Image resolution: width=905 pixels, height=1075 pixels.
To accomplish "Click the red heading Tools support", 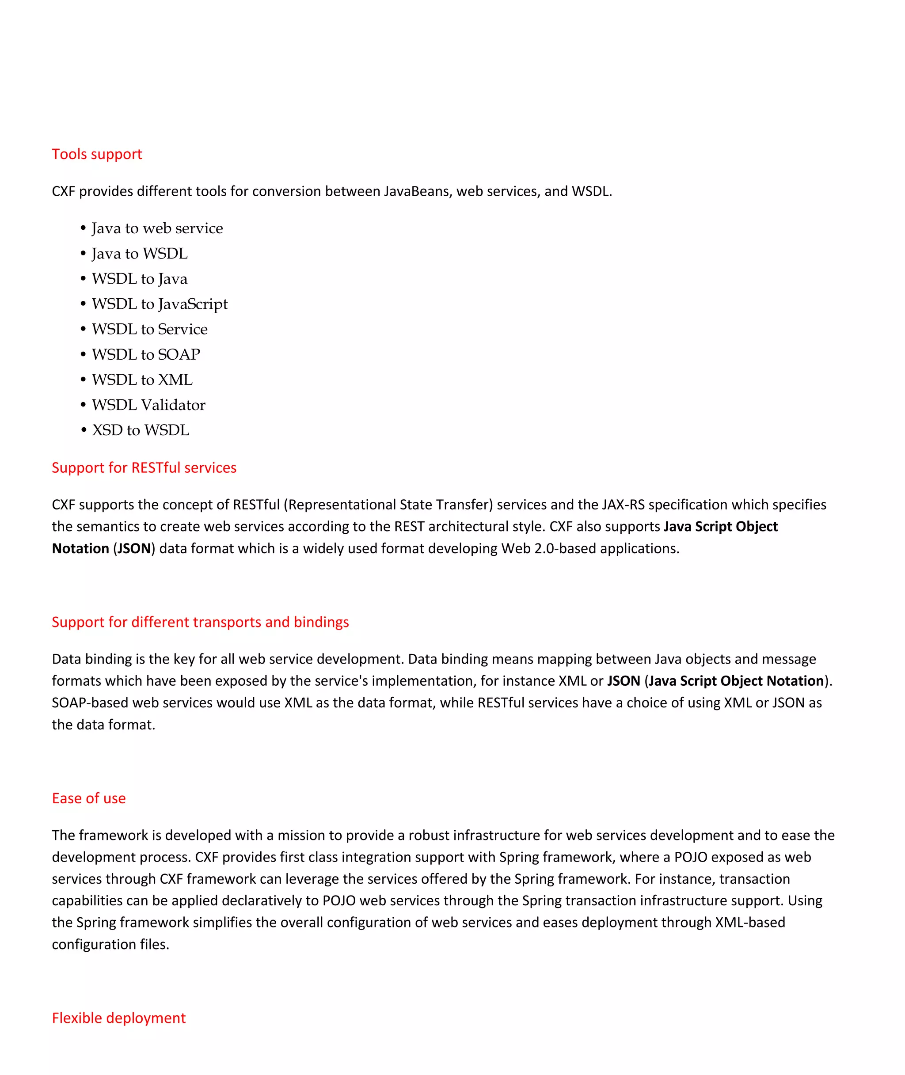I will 96,154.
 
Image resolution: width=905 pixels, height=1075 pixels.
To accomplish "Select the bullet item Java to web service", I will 157,228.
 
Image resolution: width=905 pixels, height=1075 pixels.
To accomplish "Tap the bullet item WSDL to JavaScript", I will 160,304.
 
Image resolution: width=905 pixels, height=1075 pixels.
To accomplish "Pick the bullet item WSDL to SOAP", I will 146,354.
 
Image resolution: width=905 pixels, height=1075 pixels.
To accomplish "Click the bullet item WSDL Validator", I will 148,405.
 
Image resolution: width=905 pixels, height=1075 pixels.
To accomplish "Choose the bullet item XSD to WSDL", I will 140,430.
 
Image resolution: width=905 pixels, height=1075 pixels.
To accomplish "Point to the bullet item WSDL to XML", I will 142,380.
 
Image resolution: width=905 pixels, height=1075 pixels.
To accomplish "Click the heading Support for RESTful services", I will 144,468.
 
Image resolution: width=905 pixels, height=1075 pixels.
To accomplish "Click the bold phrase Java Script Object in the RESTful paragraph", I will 720,527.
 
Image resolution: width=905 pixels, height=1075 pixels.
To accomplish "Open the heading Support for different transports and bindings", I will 200,622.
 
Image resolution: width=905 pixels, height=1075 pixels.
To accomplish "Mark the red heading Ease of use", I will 89,798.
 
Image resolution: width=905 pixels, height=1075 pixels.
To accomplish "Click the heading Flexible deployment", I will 118,1018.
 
